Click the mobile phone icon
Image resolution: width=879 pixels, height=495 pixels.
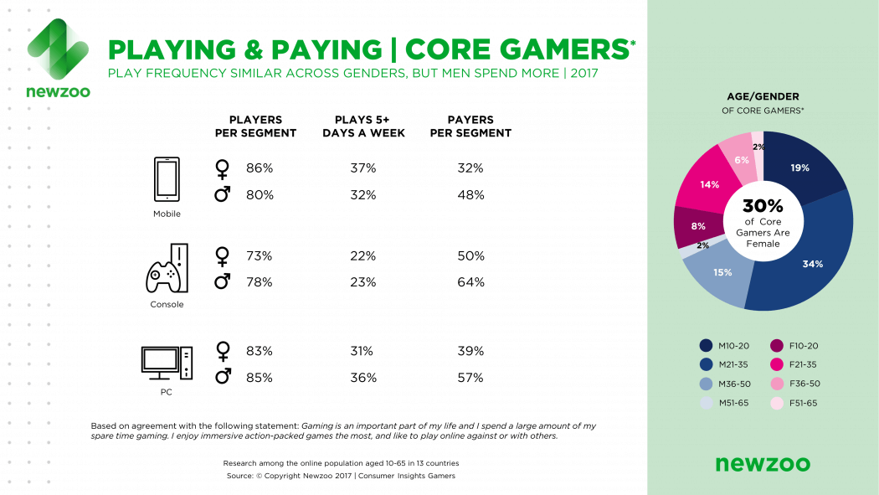(x=167, y=180)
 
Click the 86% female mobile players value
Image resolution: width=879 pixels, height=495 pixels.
(x=260, y=168)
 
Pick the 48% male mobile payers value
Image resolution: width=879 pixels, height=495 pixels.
(x=470, y=195)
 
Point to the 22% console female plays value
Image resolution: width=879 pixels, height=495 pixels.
(x=363, y=255)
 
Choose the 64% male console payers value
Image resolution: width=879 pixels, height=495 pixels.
(x=470, y=282)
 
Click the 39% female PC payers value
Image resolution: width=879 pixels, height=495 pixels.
(x=470, y=351)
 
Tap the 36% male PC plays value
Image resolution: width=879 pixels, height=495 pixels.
(x=363, y=378)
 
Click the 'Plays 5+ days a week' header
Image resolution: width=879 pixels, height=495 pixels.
(x=363, y=126)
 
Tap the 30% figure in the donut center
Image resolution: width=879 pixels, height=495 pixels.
(x=763, y=206)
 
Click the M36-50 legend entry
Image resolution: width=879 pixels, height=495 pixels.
(x=726, y=384)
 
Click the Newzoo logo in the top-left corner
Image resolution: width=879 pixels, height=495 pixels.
(x=58, y=58)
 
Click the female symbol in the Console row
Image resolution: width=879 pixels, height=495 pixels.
(x=222, y=256)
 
